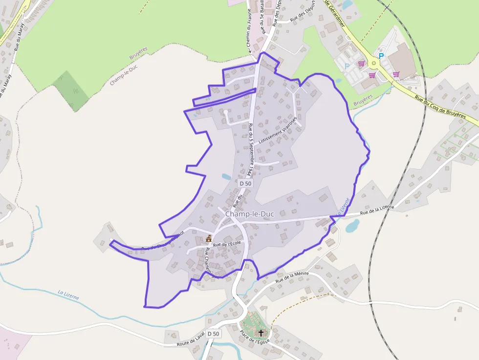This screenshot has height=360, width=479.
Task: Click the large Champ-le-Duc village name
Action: tap(249, 214)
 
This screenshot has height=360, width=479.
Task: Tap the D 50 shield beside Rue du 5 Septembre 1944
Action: tap(245, 183)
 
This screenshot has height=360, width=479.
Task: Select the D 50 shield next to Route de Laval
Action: tap(213, 334)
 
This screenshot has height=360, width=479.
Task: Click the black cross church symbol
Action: tap(261, 333)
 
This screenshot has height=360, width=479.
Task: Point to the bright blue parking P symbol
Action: tap(381, 56)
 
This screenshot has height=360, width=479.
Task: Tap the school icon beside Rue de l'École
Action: tap(209, 239)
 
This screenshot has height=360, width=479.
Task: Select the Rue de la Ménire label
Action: tap(292, 277)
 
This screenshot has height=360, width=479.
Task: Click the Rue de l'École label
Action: tap(228, 244)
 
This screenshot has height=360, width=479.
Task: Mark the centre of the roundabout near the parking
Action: tap(374, 63)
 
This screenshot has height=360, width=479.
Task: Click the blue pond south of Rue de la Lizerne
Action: tap(352, 226)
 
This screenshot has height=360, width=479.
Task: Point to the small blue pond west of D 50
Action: tap(226, 177)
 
